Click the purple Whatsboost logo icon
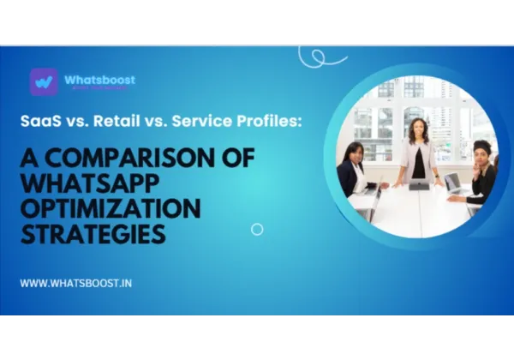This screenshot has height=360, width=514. (x=43, y=81)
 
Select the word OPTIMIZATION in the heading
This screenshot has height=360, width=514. (x=111, y=209)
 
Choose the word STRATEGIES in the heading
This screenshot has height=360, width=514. (x=92, y=233)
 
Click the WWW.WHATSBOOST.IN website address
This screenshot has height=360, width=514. (x=75, y=282)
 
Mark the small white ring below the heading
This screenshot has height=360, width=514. (x=257, y=229)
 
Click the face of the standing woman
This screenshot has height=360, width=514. (x=420, y=129)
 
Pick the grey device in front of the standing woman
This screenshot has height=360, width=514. (x=419, y=184)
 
